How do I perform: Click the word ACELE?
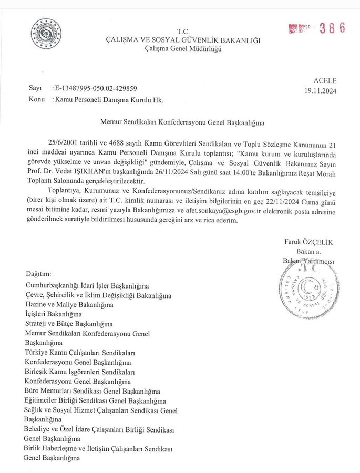tap(325, 81)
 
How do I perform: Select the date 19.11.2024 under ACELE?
tap(321, 90)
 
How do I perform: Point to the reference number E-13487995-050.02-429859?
tap(96, 89)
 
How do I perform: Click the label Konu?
tap(36, 99)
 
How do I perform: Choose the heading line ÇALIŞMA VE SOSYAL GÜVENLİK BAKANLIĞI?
tap(183, 40)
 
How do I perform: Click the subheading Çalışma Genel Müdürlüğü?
tap(183, 49)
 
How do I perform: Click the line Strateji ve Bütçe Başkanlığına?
tap(69, 324)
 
